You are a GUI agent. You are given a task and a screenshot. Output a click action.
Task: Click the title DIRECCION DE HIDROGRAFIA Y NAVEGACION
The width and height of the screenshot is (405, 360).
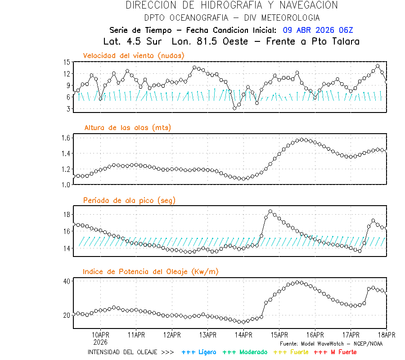(232, 5)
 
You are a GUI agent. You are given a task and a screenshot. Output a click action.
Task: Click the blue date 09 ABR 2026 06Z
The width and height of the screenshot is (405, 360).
(318, 30)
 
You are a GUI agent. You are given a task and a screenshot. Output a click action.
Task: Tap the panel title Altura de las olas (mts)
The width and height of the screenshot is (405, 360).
(127, 128)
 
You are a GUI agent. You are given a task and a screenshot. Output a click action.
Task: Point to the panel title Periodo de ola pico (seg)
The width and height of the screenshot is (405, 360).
(129, 200)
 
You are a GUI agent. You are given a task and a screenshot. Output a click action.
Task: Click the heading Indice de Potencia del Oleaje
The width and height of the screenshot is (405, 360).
(151, 271)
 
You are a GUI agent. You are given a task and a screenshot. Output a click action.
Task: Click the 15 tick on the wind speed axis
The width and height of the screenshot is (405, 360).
(67, 62)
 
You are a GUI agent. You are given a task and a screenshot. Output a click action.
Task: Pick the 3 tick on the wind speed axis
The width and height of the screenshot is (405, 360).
(68, 109)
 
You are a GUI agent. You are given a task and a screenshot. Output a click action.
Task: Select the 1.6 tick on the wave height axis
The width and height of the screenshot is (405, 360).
(66, 138)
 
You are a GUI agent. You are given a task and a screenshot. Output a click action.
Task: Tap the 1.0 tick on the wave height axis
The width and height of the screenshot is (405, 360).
(66, 184)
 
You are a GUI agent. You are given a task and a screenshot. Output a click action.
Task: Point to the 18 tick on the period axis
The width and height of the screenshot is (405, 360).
(67, 214)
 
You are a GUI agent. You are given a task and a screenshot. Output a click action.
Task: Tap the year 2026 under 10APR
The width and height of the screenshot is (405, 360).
(100, 342)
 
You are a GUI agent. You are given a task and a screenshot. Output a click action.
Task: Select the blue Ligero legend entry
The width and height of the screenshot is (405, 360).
(199, 352)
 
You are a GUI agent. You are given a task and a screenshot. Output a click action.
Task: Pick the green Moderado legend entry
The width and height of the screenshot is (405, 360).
(245, 352)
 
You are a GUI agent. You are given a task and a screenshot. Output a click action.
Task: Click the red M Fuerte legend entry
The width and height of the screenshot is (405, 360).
(335, 352)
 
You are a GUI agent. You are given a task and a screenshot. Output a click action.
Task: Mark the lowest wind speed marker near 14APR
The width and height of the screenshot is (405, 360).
(234, 108)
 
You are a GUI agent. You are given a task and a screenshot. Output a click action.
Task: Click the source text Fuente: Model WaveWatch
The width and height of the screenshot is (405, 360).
(331, 343)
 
